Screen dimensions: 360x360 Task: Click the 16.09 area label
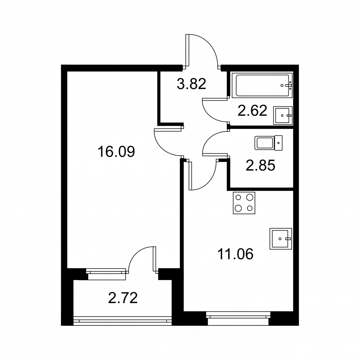pos(116,152)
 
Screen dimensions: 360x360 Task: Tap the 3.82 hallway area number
pos(191,84)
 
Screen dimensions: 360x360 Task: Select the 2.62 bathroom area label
pos(252,111)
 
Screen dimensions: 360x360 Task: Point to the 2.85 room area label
pos(260,166)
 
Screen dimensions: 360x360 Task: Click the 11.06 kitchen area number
pos(235,254)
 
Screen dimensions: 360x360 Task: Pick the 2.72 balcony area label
pos(123,298)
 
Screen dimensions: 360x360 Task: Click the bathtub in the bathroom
pos(262,85)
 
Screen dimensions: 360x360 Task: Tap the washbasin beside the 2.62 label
pos(283,116)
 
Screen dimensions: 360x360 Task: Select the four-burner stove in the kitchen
pos(244,203)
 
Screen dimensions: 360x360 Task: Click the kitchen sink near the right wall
pos(280,239)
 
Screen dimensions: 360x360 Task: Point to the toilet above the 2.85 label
pos(269,143)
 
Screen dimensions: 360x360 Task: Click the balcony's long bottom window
pos(122,321)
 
